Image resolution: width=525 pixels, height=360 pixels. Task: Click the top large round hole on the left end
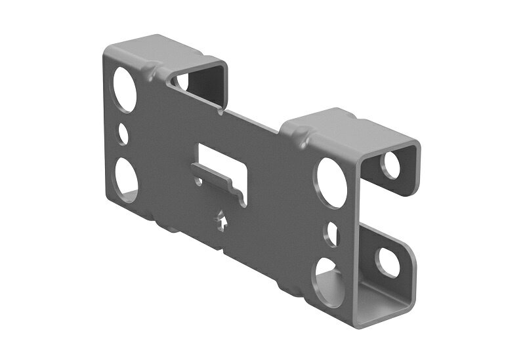(x=124, y=89)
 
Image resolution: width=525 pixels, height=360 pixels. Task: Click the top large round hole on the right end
(x=332, y=182)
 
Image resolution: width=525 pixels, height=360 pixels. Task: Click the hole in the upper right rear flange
(x=391, y=165)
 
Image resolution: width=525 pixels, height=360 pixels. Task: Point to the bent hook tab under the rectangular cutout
(x=217, y=180)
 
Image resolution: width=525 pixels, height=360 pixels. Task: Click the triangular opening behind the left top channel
(x=180, y=82)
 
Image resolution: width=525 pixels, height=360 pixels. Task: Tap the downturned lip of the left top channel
(x=220, y=85)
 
